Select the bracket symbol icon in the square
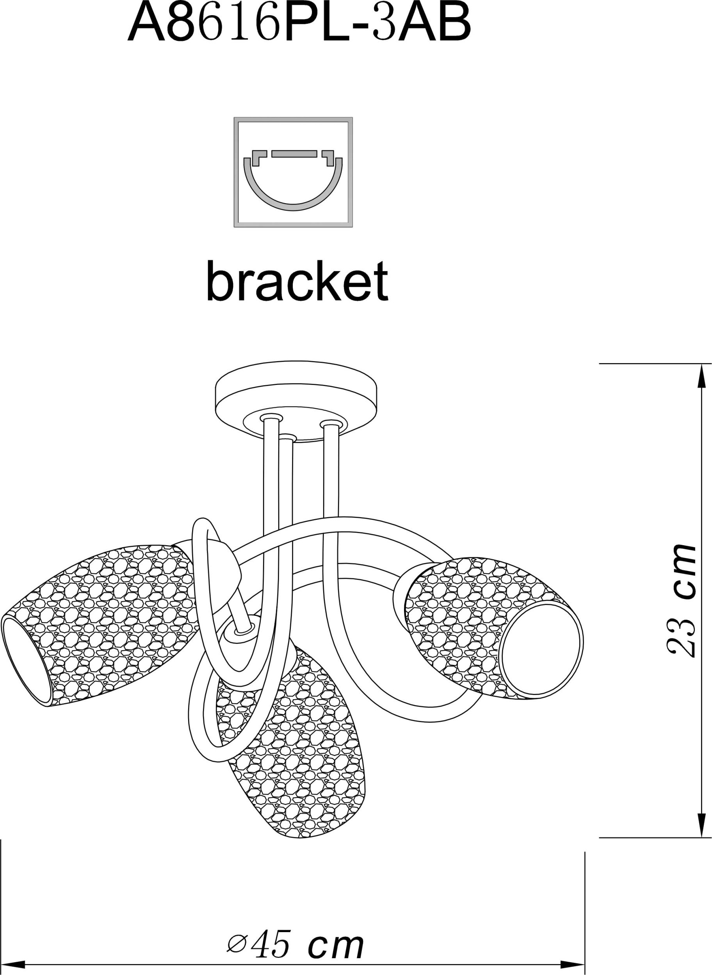(x=293, y=172)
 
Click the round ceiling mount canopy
(x=296, y=401)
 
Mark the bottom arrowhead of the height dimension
(x=699, y=826)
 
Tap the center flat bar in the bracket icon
(x=294, y=154)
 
